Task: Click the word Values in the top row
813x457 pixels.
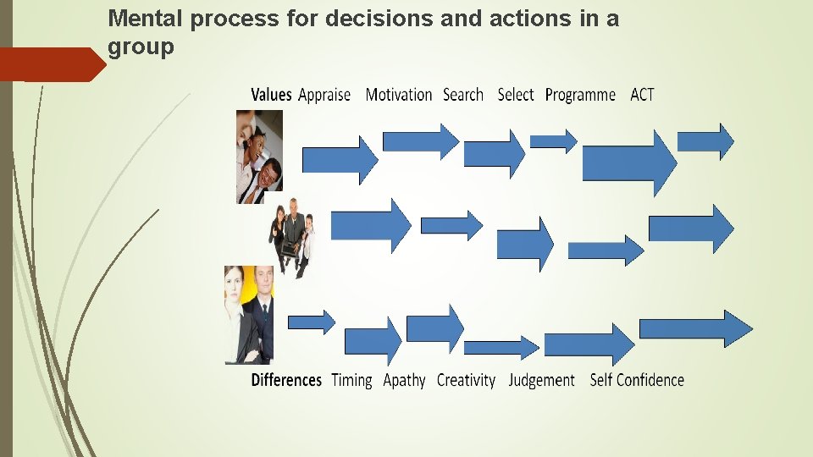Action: coord(271,95)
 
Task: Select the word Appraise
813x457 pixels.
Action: coord(324,96)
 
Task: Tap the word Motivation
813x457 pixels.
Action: coord(399,95)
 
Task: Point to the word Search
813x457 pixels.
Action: coord(463,95)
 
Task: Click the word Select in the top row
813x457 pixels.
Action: coord(516,95)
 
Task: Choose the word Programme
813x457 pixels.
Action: coord(580,96)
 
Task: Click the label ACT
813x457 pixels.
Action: coord(642,95)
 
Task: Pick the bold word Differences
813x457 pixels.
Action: coord(286,380)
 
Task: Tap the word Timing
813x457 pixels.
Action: coord(351,381)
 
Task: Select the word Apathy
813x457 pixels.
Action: coord(404,381)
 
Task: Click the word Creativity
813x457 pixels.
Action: coord(466,381)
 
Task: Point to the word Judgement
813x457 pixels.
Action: coord(541,381)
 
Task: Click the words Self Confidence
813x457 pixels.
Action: coord(637,380)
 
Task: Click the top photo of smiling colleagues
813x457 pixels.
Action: coord(259,157)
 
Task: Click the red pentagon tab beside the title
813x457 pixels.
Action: coord(51,64)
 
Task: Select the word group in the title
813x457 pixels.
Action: coord(141,47)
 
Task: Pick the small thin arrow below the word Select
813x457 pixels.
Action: coord(553,140)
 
